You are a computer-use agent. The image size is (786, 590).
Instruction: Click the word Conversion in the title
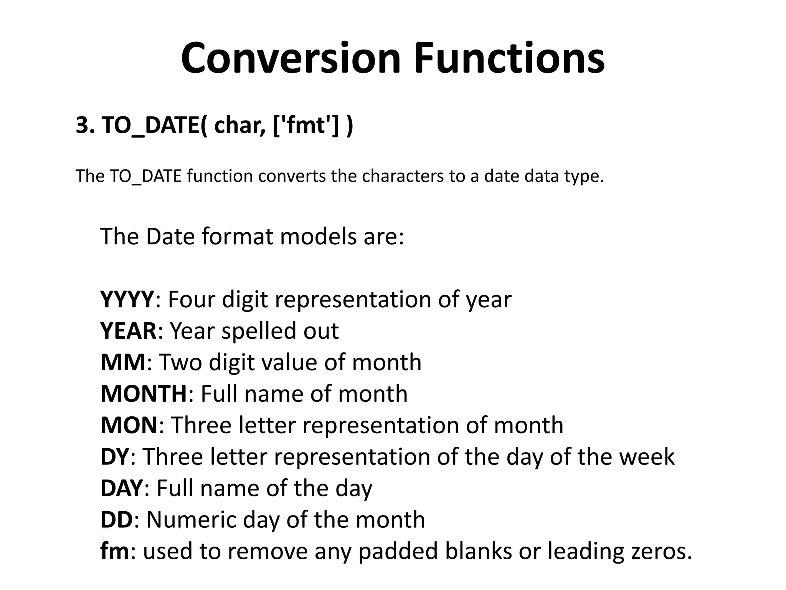click(291, 58)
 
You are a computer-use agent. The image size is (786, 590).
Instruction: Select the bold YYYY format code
click(127, 300)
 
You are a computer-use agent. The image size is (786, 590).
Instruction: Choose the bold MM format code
click(123, 362)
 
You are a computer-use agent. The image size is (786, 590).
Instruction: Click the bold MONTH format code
click(144, 394)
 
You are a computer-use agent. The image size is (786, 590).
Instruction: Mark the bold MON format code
click(129, 425)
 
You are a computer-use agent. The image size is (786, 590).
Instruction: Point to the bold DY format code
click(114, 457)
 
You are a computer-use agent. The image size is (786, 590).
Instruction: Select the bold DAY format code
click(122, 488)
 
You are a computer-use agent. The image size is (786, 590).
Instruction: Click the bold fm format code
click(115, 551)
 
